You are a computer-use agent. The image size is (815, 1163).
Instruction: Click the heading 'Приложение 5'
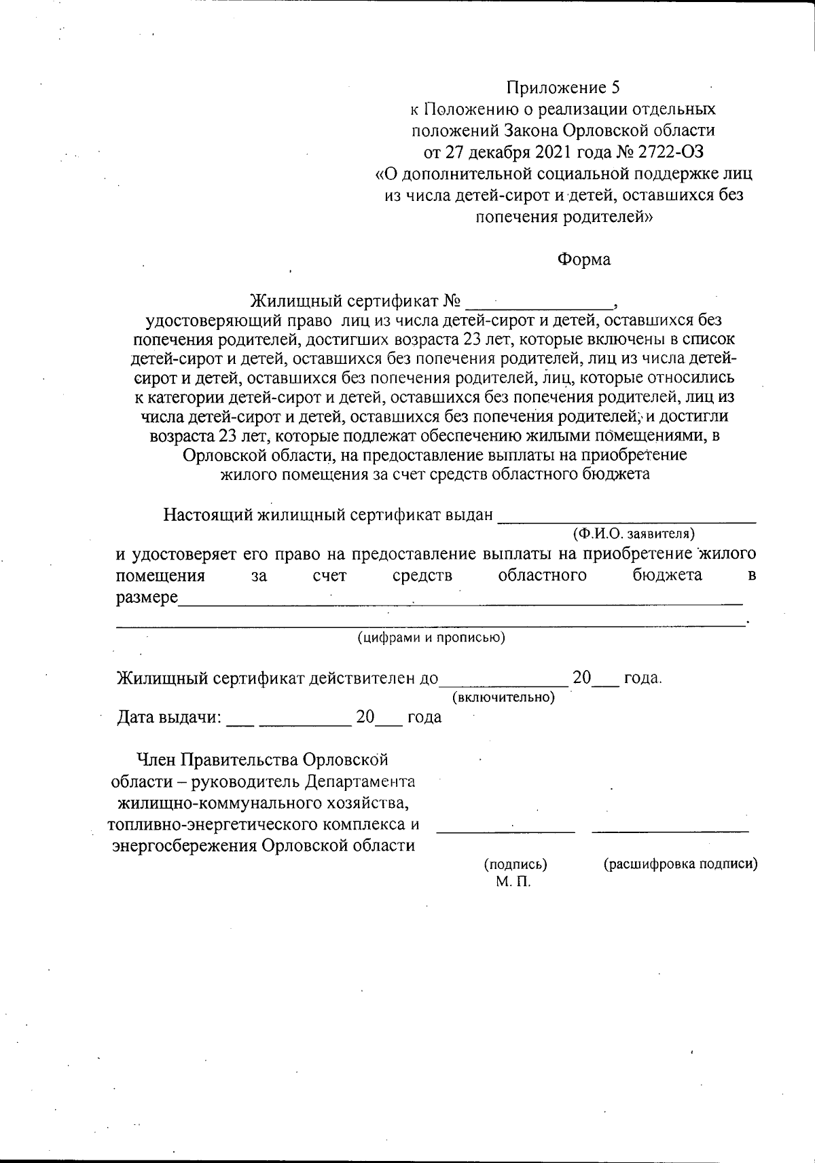click(x=563, y=88)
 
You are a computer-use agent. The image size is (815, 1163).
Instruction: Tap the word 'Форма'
click(x=583, y=259)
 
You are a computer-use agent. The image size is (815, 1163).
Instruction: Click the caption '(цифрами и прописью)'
click(x=431, y=638)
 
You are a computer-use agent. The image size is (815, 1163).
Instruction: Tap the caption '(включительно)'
click(x=503, y=697)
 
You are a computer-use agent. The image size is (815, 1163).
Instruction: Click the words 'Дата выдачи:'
click(x=169, y=718)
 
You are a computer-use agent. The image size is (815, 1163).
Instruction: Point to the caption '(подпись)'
click(x=515, y=864)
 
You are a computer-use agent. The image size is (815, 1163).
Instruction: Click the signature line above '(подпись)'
click(x=505, y=830)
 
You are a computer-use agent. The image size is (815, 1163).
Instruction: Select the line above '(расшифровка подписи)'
click(x=670, y=830)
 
